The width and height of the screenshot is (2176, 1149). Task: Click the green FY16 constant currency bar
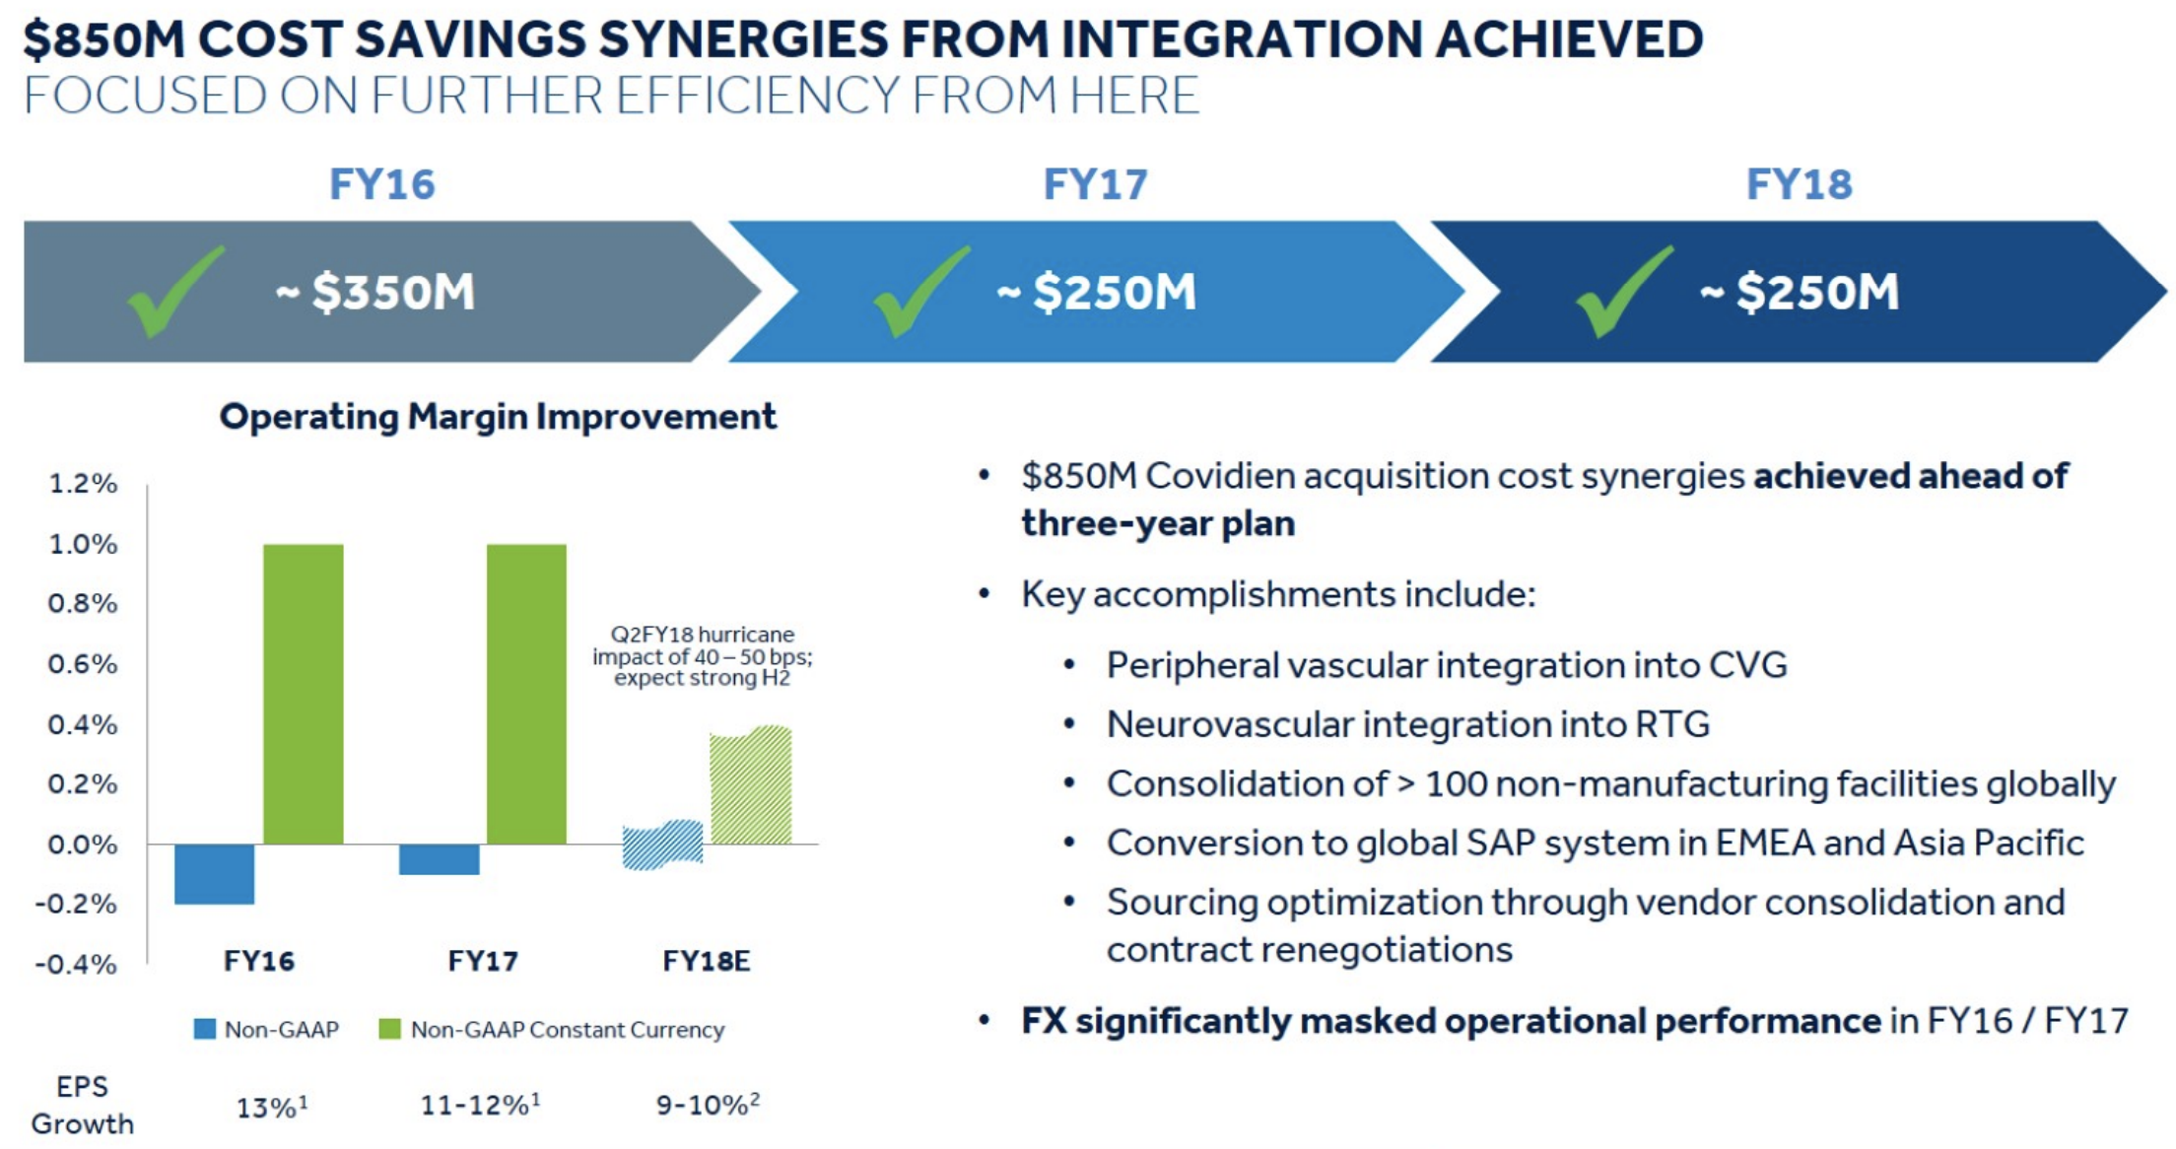pyautogui.click(x=304, y=694)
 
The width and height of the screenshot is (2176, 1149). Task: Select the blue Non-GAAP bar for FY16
pyautogui.click(x=214, y=874)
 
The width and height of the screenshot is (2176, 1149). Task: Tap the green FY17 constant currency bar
pyautogui.click(x=526, y=694)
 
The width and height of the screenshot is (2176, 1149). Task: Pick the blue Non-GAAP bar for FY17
pyautogui.click(x=440, y=859)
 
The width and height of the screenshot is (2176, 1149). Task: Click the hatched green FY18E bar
pyautogui.click(x=751, y=785)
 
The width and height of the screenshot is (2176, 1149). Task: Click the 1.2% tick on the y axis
pyautogui.click(x=83, y=484)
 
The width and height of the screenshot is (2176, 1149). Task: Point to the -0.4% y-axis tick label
pyautogui.click(x=76, y=964)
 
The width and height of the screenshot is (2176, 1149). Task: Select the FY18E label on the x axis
pyautogui.click(x=707, y=961)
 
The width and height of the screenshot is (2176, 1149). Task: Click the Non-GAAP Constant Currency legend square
pyautogui.click(x=390, y=1029)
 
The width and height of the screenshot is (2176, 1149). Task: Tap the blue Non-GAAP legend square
pyautogui.click(x=205, y=1029)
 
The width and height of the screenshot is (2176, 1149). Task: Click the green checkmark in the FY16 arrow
pyautogui.click(x=175, y=292)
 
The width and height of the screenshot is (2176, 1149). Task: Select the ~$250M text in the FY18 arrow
pyautogui.click(x=1800, y=292)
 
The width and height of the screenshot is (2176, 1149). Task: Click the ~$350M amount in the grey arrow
pyautogui.click(x=375, y=292)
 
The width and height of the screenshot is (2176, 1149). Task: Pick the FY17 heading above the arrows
pyautogui.click(x=1096, y=184)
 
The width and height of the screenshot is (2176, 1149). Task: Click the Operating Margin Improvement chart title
pyautogui.click(x=498, y=417)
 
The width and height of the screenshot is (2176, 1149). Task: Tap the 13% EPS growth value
pyautogui.click(x=272, y=1107)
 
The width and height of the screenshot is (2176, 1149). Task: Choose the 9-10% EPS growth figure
pyautogui.click(x=709, y=1104)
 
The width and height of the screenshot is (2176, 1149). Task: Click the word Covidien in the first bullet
pyautogui.click(x=1220, y=476)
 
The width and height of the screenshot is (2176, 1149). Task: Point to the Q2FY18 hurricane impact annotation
pyautogui.click(x=703, y=656)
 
